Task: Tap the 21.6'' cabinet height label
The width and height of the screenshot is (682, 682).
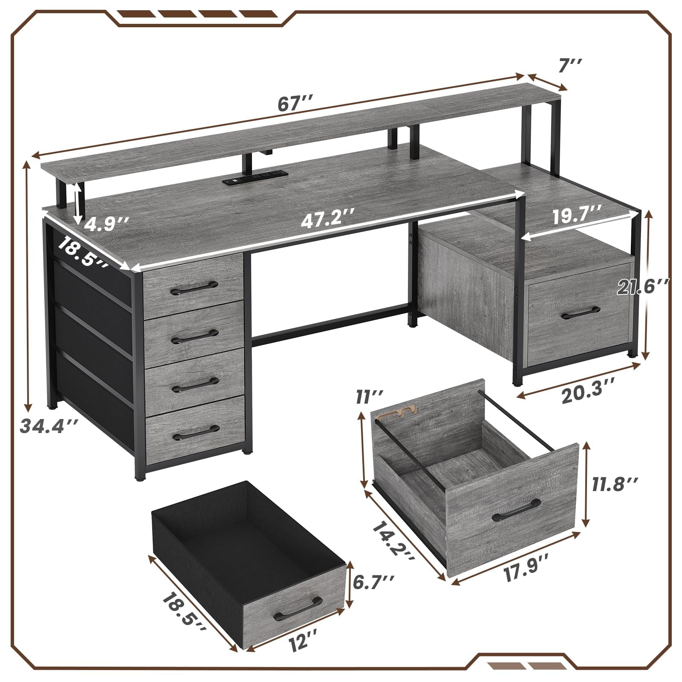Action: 642,287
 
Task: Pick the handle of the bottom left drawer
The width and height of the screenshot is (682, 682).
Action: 194,435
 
